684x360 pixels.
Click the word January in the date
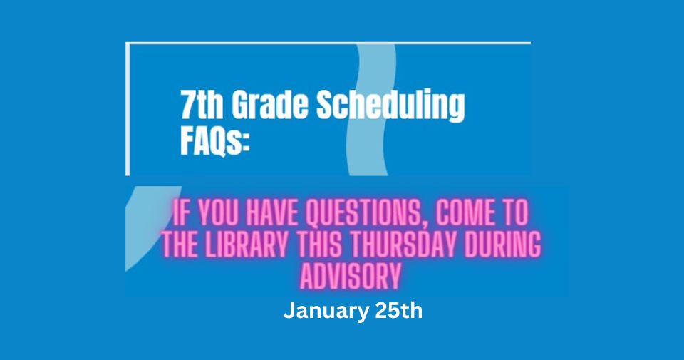(323, 312)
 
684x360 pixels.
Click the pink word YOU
(212, 213)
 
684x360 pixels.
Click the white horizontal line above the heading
(328, 43)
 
